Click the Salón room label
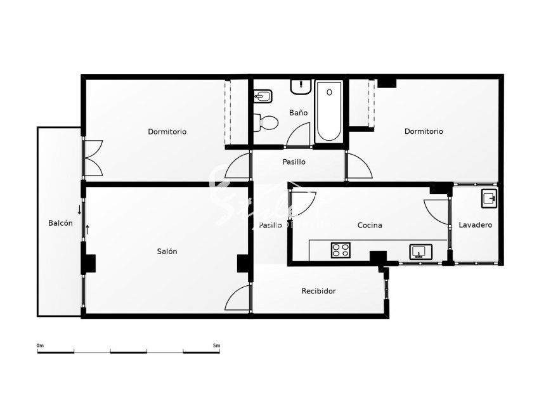(167, 251)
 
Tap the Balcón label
(60, 223)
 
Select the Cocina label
(370, 225)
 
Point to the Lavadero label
(475, 225)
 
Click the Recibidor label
(318, 291)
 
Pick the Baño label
(298, 113)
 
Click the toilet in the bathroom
(266, 121)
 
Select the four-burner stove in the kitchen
(341, 250)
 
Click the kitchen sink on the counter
(419, 251)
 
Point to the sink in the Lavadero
(489, 198)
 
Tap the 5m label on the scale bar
(216, 345)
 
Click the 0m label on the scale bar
(40, 345)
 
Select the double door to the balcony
(93, 157)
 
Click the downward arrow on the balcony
(79, 209)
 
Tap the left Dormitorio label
(167, 132)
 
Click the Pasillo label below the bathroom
(294, 162)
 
